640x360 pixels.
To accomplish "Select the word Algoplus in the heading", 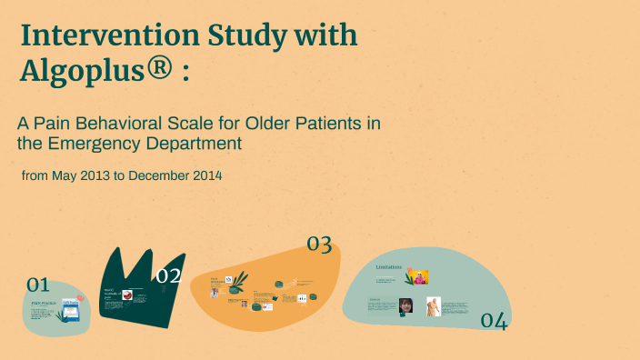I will tap(80, 71).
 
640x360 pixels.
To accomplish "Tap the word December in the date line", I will tap(158, 175).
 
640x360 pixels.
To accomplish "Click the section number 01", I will tap(37, 285).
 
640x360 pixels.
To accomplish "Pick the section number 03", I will tap(318, 244).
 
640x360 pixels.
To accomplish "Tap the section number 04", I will tap(493, 320).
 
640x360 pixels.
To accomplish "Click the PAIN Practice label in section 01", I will tap(44, 303).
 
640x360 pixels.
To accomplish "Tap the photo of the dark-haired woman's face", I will tap(406, 305).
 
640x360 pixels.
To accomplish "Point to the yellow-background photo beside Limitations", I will tap(417, 276).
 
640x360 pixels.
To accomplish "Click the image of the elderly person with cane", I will tap(435, 306).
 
